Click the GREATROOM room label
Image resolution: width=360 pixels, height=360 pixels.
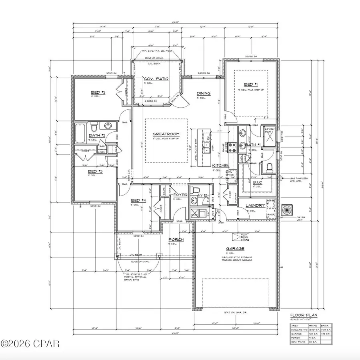click(166, 134)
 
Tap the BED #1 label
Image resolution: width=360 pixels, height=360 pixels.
click(249, 84)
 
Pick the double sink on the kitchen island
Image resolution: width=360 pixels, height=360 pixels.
click(207, 147)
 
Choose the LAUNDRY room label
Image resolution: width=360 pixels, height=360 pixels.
click(255, 205)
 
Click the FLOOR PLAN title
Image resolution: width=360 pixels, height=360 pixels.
click(301, 315)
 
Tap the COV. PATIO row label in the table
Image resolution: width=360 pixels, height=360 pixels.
click(298, 341)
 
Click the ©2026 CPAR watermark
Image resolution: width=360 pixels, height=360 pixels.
click(30, 343)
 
